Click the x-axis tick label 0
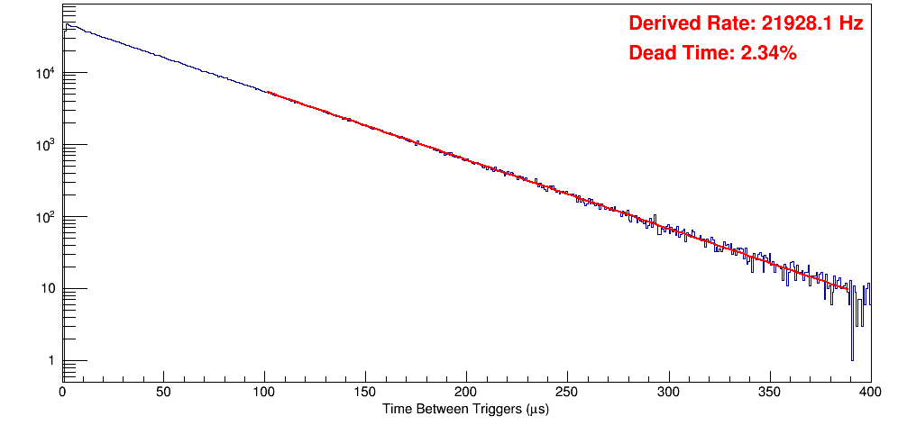point(62,393)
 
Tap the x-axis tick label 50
point(163,393)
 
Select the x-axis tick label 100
point(264,393)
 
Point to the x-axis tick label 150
point(365,393)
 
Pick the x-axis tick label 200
point(466,393)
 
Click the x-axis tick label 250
point(567,393)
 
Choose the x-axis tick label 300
point(668,393)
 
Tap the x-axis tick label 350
point(769,393)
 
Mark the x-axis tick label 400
point(869,393)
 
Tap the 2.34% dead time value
point(768,53)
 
